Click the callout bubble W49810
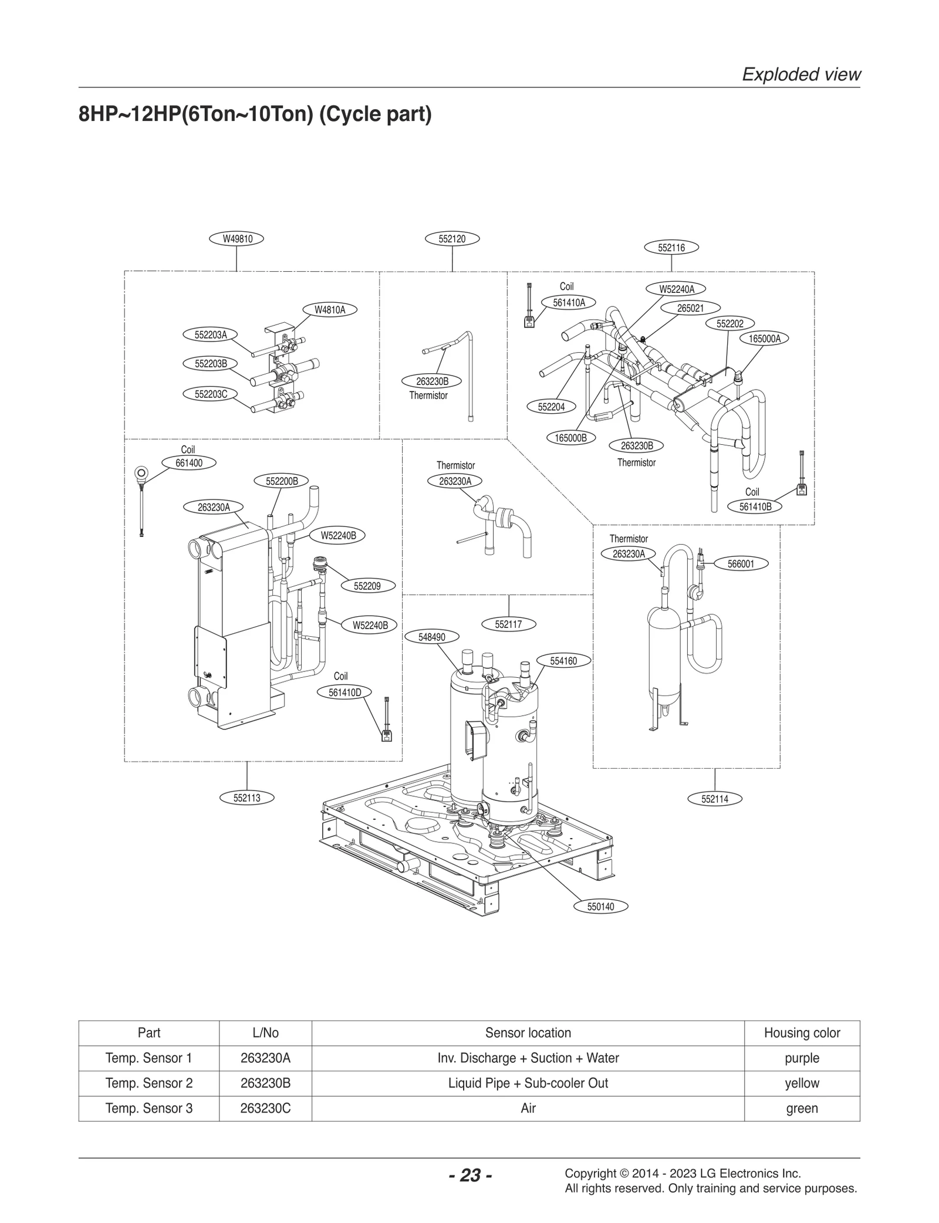[x=237, y=239]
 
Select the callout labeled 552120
[x=452, y=239]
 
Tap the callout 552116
[x=671, y=248]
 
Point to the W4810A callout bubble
[x=330, y=310]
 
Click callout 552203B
[x=211, y=364]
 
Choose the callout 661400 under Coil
[x=189, y=463]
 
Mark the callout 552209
[x=367, y=586]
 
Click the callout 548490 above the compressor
[x=431, y=637]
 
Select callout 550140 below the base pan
[x=600, y=907]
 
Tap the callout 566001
[x=741, y=564]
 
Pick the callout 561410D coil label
[x=344, y=692]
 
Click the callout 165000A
[x=765, y=339]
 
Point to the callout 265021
[x=690, y=308]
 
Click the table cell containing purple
[x=802, y=1058]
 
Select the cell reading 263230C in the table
[x=265, y=1108]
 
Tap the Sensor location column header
[x=528, y=1033]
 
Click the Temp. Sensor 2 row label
[x=148, y=1083]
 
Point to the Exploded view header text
[x=801, y=75]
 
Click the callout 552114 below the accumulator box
[x=714, y=799]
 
